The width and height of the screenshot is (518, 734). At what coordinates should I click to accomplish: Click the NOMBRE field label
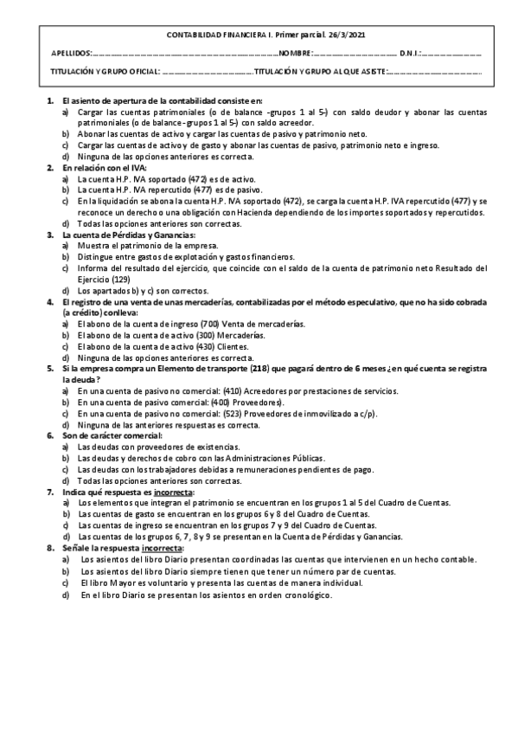click(x=295, y=54)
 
